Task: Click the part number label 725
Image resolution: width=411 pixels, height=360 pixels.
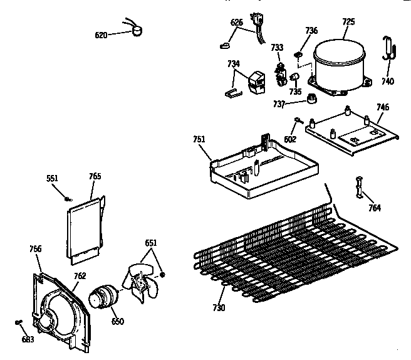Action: point(348,21)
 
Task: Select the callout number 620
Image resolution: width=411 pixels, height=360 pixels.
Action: point(101,35)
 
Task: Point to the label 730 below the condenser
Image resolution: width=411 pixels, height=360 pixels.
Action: point(219,308)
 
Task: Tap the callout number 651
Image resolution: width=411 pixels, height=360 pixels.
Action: point(151,243)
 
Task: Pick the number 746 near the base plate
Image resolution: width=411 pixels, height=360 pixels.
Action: point(382,107)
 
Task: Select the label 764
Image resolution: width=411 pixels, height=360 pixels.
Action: point(374,208)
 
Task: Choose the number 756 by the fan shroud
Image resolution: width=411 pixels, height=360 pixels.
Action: point(35,249)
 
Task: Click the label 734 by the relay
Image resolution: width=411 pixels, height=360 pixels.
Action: point(233,63)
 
